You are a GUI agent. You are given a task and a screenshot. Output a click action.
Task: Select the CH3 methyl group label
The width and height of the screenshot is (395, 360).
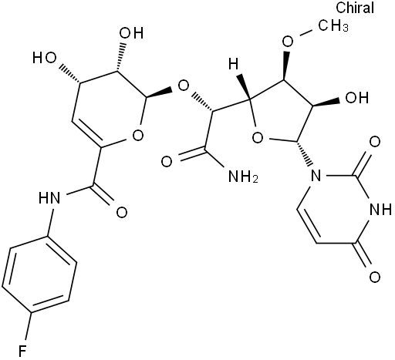point(333,25)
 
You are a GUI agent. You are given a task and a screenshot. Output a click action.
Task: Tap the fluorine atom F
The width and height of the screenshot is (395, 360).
point(22,351)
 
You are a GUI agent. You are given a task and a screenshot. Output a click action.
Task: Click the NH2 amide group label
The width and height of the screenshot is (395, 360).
point(243,177)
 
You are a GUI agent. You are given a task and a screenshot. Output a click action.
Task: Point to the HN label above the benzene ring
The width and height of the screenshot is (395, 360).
point(49,198)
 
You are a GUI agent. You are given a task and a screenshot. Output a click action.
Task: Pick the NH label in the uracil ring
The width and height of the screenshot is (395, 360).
point(380,210)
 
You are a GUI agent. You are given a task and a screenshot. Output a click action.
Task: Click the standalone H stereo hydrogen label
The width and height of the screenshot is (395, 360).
point(234,63)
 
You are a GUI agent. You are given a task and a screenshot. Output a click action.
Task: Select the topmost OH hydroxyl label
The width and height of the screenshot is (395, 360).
point(131,33)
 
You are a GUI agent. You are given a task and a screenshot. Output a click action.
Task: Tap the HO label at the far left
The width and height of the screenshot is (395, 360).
point(45,58)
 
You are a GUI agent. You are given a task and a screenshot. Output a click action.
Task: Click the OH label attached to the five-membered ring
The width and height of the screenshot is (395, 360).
point(357,98)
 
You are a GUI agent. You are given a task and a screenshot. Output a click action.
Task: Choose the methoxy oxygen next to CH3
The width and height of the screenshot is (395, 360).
point(287,42)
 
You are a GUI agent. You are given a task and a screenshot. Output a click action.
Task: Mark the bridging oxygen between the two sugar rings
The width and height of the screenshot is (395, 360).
point(184,86)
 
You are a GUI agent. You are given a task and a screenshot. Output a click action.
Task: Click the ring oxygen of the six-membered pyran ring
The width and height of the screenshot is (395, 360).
point(137,135)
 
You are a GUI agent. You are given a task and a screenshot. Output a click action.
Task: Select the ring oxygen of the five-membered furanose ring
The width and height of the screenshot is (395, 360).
point(258,138)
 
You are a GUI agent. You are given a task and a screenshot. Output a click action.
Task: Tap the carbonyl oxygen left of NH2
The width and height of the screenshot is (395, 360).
point(167,162)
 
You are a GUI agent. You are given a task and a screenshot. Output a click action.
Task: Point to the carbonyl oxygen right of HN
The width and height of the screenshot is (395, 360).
point(122,213)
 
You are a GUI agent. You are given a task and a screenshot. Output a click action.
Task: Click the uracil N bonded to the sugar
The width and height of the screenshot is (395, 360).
point(316,176)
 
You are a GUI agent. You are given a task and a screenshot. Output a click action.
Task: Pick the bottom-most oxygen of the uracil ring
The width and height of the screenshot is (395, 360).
point(375,277)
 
